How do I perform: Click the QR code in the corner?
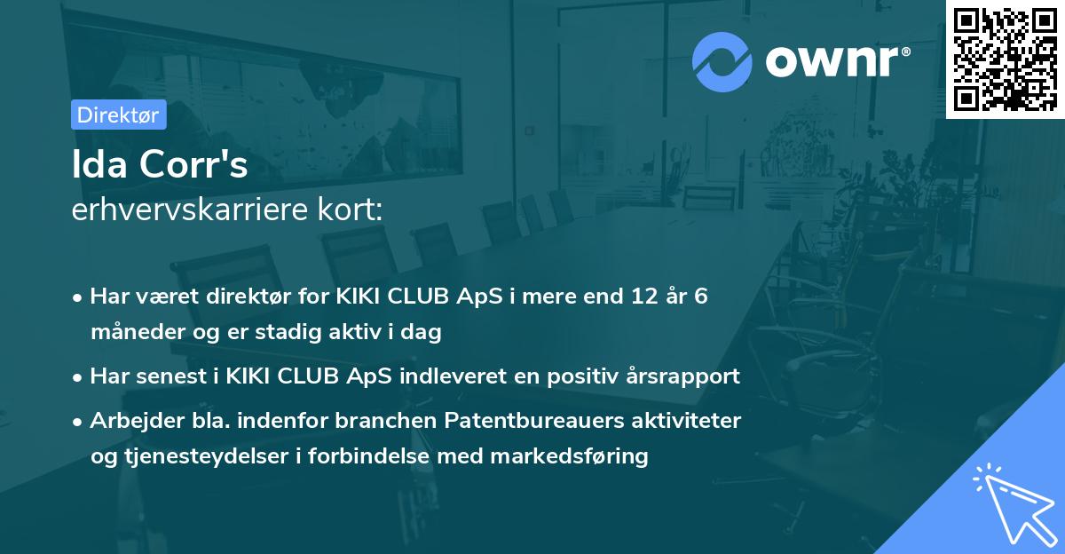click(1005, 59)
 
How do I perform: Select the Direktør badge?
click(117, 115)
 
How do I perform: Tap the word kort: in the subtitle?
click(354, 211)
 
